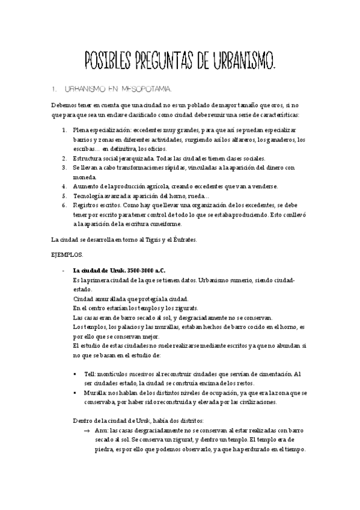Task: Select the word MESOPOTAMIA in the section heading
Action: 144,90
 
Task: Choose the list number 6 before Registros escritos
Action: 64,205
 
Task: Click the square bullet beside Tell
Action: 75,374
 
